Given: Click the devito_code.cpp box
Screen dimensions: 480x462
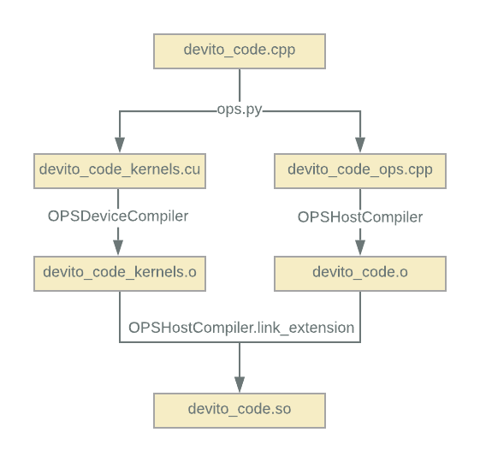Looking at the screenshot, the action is pos(240,51).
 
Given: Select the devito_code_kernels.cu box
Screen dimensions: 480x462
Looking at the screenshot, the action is pos(120,171).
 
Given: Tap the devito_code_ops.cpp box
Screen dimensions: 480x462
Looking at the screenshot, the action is pos(360,171).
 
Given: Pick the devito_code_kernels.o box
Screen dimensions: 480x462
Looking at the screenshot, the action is pos(120,274).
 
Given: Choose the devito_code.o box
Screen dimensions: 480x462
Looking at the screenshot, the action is pos(360,274).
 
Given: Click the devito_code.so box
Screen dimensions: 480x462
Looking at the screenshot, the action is pos(240,411).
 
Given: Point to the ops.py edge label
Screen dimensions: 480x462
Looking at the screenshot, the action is pos(240,110).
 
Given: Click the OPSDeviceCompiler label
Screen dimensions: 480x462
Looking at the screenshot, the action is pos(118,216).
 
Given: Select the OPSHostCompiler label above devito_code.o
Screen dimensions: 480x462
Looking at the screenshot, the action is pos(360,217).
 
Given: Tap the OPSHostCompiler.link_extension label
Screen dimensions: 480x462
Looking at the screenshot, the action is pos(241,328).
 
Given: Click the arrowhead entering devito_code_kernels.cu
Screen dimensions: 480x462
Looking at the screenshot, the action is pos(120,145).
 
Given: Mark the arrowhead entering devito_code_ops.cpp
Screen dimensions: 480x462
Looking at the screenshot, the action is pos(360,145).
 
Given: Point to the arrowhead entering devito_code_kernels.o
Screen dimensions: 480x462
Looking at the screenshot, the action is pos(118,248).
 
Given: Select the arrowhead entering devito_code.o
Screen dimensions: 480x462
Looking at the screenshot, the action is pos(360,248).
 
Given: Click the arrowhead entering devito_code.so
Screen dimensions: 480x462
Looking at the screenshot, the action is pos(240,384).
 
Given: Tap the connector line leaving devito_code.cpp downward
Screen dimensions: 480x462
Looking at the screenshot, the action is pos(240,86).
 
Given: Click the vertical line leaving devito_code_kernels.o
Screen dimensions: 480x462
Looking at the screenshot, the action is pos(120,317).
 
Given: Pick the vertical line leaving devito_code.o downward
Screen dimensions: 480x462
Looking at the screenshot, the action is pos(360,317).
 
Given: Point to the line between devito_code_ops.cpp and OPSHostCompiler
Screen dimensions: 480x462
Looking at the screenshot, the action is pos(360,199).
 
